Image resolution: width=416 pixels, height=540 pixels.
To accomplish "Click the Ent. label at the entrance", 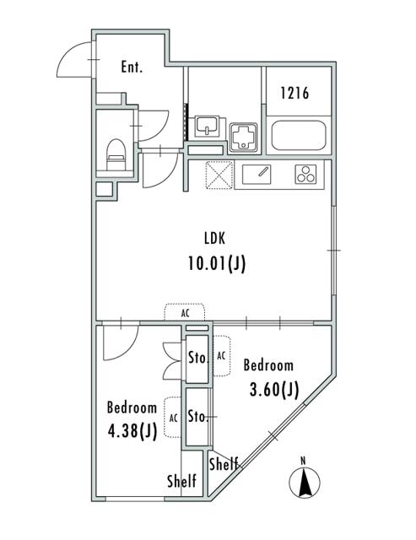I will coord(131,67).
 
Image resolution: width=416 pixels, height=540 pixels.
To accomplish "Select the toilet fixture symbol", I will coord(116,153).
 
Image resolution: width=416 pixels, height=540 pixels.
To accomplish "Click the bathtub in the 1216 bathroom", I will coord(298,137).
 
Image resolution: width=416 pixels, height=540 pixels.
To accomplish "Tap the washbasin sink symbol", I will coord(206,128).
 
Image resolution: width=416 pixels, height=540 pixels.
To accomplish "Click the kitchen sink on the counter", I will coord(260,175).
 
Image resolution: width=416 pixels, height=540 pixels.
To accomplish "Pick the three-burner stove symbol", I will coord(305,175).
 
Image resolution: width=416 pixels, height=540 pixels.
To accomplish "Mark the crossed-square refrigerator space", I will coord(219,175).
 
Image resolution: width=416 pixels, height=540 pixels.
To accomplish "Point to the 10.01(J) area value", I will coord(216,263).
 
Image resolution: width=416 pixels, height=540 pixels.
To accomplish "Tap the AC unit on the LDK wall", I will coord(185,312).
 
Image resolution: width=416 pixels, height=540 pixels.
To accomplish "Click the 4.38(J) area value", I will coord(132,431).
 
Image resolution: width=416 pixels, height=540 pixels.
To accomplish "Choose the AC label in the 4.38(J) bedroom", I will coord(172,418).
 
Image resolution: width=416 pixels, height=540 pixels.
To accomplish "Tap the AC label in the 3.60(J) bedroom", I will coord(221,356).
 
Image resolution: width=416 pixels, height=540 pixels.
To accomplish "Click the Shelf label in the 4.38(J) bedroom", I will coord(181,482).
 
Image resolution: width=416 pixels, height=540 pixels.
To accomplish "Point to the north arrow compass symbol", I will coord(305,481).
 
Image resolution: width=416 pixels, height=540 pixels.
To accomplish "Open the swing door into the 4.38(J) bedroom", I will coord(118,342).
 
